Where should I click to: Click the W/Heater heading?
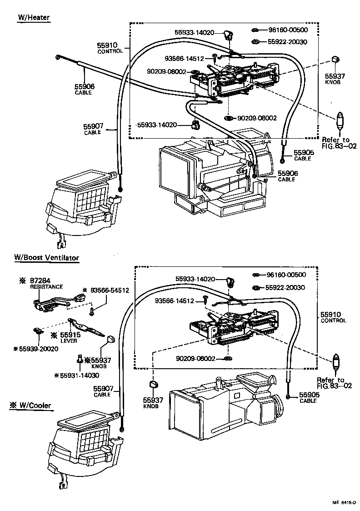coord(33,17)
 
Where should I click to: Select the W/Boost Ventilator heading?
coord(46,258)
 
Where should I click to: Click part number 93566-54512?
coord(110,290)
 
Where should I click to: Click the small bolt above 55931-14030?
coord(79,360)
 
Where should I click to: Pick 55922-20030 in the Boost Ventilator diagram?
coord(285,287)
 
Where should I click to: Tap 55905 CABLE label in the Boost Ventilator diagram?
coord(309,398)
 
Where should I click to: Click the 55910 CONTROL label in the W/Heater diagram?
coord(110,48)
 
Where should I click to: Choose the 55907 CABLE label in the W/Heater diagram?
coord(93,129)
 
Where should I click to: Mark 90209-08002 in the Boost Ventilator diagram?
coord(196,359)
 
